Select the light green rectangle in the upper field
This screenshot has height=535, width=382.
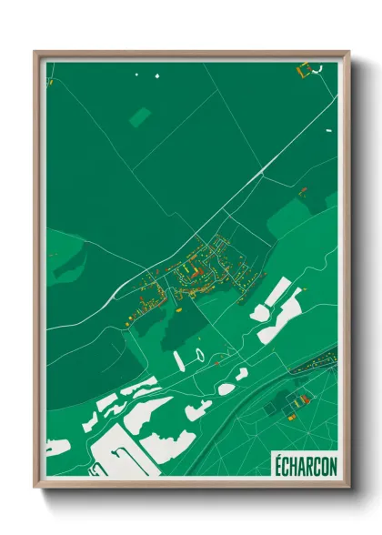[x=140, y=116]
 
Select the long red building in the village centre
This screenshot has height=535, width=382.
[x=193, y=271]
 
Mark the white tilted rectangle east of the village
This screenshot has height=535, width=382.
[x=278, y=294]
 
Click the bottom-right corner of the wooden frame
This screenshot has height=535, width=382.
[x=347, y=486]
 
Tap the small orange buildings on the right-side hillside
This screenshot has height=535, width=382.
[x=303, y=190]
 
